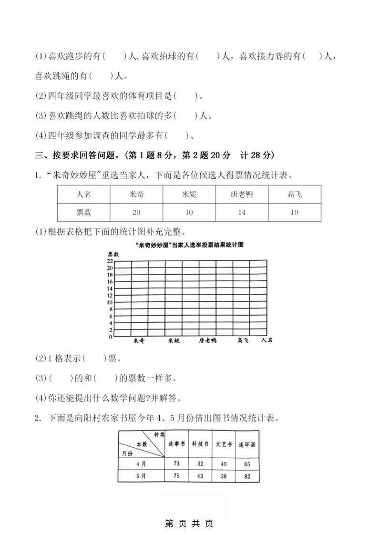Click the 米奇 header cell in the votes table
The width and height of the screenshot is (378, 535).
(x=136, y=195)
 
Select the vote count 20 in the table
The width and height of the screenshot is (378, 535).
(x=136, y=213)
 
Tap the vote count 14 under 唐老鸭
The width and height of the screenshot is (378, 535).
(x=242, y=213)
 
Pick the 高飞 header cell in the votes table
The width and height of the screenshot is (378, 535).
(x=294, y=195)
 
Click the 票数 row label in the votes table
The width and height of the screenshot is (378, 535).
(x=83, y=213)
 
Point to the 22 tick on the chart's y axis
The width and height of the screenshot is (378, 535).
(x=110, y=261)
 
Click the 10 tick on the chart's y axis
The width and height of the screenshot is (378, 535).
(x=110, y=302)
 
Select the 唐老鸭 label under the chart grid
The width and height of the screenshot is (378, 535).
(x=208, y=340)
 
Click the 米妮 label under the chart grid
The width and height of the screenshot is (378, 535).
(x=174, y=340)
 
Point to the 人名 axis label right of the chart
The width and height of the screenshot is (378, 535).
(x=267, y=340)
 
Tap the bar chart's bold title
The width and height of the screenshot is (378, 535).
(x=189, y=245)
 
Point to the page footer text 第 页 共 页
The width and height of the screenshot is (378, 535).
(x=189, y=524)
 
